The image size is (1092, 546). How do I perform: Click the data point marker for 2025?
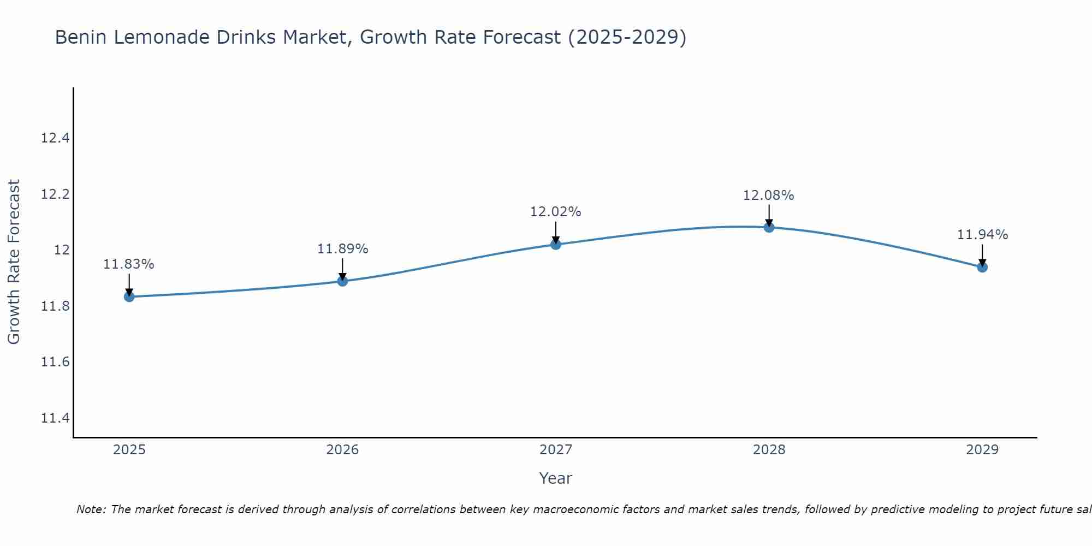pos(129,296)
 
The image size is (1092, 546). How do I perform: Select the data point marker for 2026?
pos(342,281)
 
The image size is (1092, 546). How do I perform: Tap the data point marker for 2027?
pos(556,244)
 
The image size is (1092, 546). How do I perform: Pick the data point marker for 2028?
pos(769,227)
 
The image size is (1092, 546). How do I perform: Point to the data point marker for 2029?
pos(982,267)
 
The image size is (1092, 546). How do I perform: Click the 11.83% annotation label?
pos(129,264)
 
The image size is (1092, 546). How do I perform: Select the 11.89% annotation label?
pos(342,249)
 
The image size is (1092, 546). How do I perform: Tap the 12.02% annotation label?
pos(556,212)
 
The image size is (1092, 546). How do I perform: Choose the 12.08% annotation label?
pos(769,195)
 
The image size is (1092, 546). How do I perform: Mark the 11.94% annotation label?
pos(982,235)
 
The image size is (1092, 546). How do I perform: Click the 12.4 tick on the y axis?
pos(55,138)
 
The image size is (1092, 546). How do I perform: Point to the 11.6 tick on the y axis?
pos(55,362)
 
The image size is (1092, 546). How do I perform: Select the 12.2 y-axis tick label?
pos(55,194)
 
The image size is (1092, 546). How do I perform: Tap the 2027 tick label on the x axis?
pos(556,450)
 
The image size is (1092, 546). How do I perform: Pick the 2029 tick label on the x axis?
pos(982,450)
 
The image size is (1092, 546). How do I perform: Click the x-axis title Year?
pos(556,478)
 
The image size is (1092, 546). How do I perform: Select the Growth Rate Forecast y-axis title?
pos(14,262)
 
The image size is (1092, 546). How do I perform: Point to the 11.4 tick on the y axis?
pos(55,418)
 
